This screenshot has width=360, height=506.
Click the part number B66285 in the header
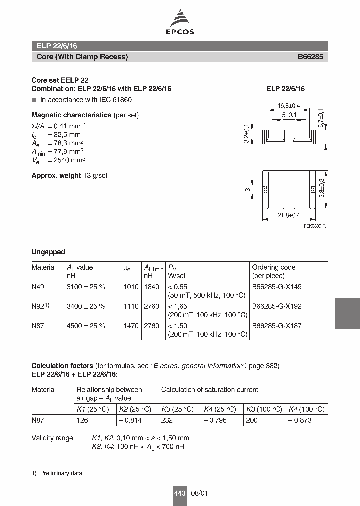pos(310,57)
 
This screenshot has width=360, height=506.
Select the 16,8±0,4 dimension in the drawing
pos(288,106)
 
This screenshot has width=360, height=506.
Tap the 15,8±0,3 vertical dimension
pos(321,190)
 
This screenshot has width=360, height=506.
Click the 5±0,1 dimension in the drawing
pos(289,115)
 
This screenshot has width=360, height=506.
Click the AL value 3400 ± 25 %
pos(86,306)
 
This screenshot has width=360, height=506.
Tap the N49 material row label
pos(38,287)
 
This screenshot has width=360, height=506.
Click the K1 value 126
pos(82,420)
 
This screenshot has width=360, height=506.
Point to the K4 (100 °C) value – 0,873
pos(300,420)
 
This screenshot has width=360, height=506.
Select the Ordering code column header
pos(274,268)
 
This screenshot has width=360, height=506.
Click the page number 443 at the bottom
pos(179,493)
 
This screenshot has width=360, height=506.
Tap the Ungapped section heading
pos(48,252)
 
